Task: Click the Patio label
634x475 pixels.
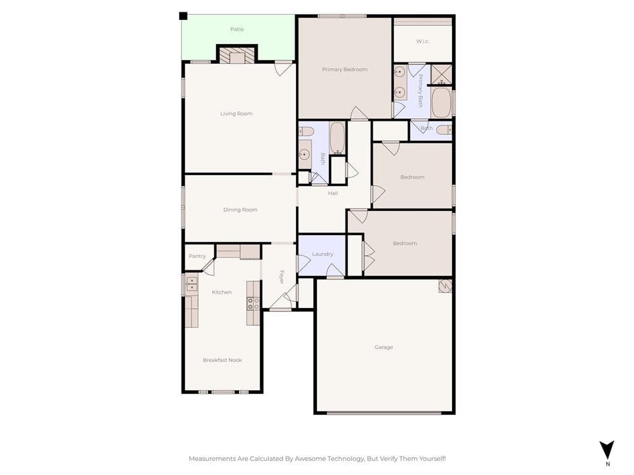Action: tap(237, 29)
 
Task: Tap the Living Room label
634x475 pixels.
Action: tap(236, 114)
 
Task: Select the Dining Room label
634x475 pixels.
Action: tap(240, 210)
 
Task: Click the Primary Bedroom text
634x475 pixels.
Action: tap(344, 69)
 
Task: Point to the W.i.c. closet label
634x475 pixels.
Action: tap(422, 41)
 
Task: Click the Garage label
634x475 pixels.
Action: tap(383, 347)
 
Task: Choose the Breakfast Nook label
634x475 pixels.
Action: tap(222, 360)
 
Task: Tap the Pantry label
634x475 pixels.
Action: tap(198, 256)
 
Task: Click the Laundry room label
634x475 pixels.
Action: tap(323, 254)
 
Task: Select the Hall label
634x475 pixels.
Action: tap(332, 193)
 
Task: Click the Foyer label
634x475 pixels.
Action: tap(282, 276)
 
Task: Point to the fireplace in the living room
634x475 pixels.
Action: tap(237, 55)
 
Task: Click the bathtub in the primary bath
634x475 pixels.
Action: tap(441, 102)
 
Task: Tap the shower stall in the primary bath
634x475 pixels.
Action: tap(441, 75)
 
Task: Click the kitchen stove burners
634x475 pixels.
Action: tap(253, 304)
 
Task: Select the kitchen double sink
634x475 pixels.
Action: tap(192, 284)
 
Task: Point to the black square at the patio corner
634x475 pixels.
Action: tap(183, 16)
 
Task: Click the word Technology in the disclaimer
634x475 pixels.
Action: tap(346, 458)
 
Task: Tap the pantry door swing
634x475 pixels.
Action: tap(208, 267)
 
